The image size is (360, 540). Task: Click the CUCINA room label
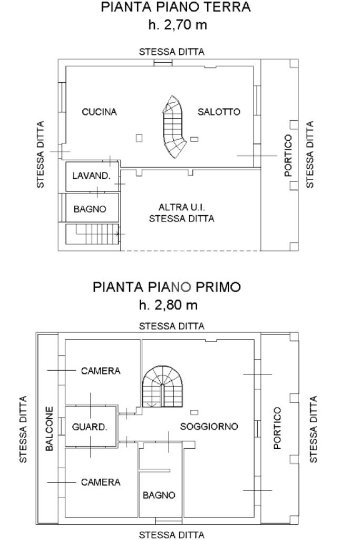[100, 112]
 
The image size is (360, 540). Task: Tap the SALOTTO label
[219, 112]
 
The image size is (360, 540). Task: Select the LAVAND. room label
[92, 176]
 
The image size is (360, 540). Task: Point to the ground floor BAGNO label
[90, 209]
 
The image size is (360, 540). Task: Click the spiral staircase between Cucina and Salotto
[175, 127]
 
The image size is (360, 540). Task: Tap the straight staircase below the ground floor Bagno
[96, 234]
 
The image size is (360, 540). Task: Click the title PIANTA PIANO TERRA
[176, 7]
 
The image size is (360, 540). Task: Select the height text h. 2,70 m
[178, 25]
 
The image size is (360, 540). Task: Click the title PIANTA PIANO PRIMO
[167, 287]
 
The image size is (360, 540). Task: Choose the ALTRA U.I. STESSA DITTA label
[182, 213]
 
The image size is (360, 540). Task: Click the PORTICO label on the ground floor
[288, 156]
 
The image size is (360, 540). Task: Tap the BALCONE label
[50, 429]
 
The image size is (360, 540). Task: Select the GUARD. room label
[90, 427]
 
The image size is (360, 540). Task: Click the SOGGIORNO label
[209, 426]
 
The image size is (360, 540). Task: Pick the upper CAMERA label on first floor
[101, 371]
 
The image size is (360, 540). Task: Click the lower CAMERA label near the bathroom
[101, 482]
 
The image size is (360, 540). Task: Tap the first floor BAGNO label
[159, 495]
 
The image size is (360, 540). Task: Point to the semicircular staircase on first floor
[162, 387]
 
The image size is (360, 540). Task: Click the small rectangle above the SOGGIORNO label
[194, 412]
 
